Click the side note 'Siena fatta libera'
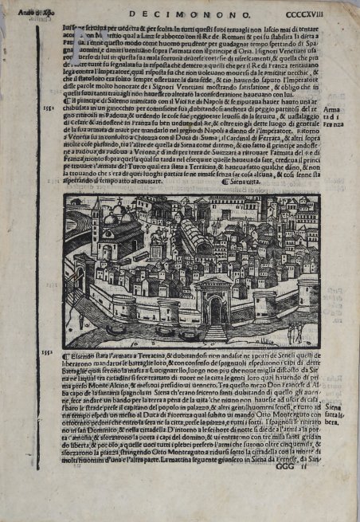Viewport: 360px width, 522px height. [335, 419]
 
